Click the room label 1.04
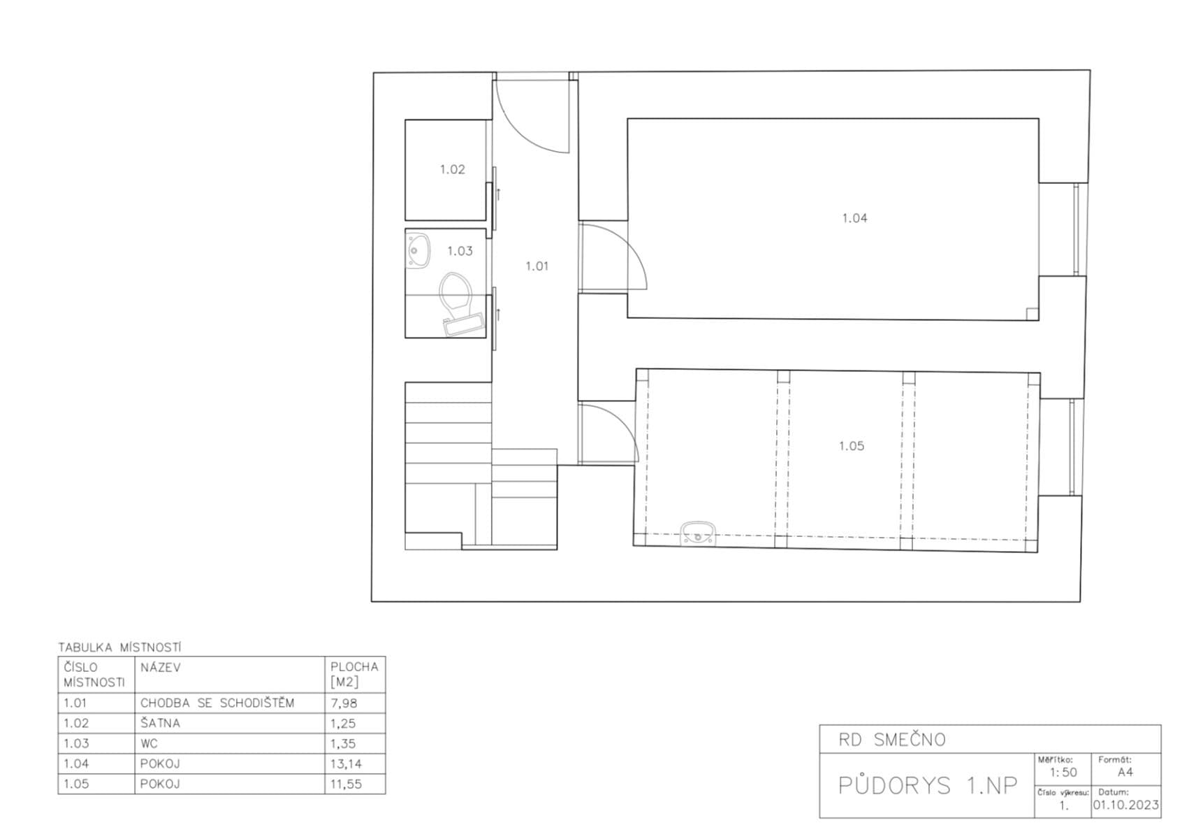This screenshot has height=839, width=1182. tap(854, 218)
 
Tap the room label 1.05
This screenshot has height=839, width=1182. tap(851, 446)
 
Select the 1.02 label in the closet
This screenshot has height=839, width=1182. tap(452, 169)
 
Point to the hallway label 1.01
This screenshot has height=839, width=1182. tap(537, 266)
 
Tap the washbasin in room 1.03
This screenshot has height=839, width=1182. tap(418, 250)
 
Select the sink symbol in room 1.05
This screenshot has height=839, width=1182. tap(698, 532)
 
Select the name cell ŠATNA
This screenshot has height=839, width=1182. tap(160, 724)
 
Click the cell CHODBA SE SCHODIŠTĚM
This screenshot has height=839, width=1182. tap(217, 703)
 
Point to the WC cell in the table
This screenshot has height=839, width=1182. tap(149, 744)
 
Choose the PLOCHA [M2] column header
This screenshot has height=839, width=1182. tap(354, 675)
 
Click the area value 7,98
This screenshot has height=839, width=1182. tap(343, 703)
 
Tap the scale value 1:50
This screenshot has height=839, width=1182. tap(1063, 773)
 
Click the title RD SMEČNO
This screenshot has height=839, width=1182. tap(892, 740)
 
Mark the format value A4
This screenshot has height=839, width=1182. tap(1125, 773)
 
